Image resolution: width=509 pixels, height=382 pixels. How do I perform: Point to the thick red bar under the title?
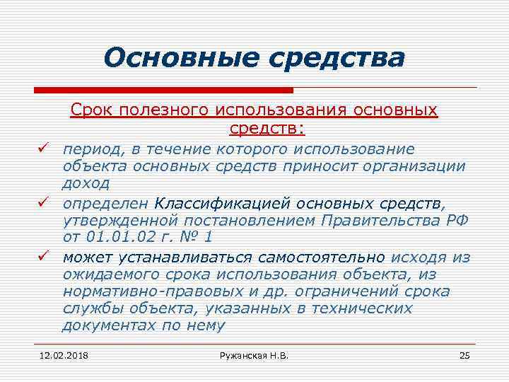tap(163, 91)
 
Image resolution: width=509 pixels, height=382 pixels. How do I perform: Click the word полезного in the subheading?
tap(158, 112)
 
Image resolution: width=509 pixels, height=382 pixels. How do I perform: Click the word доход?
tap(86, 184)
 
